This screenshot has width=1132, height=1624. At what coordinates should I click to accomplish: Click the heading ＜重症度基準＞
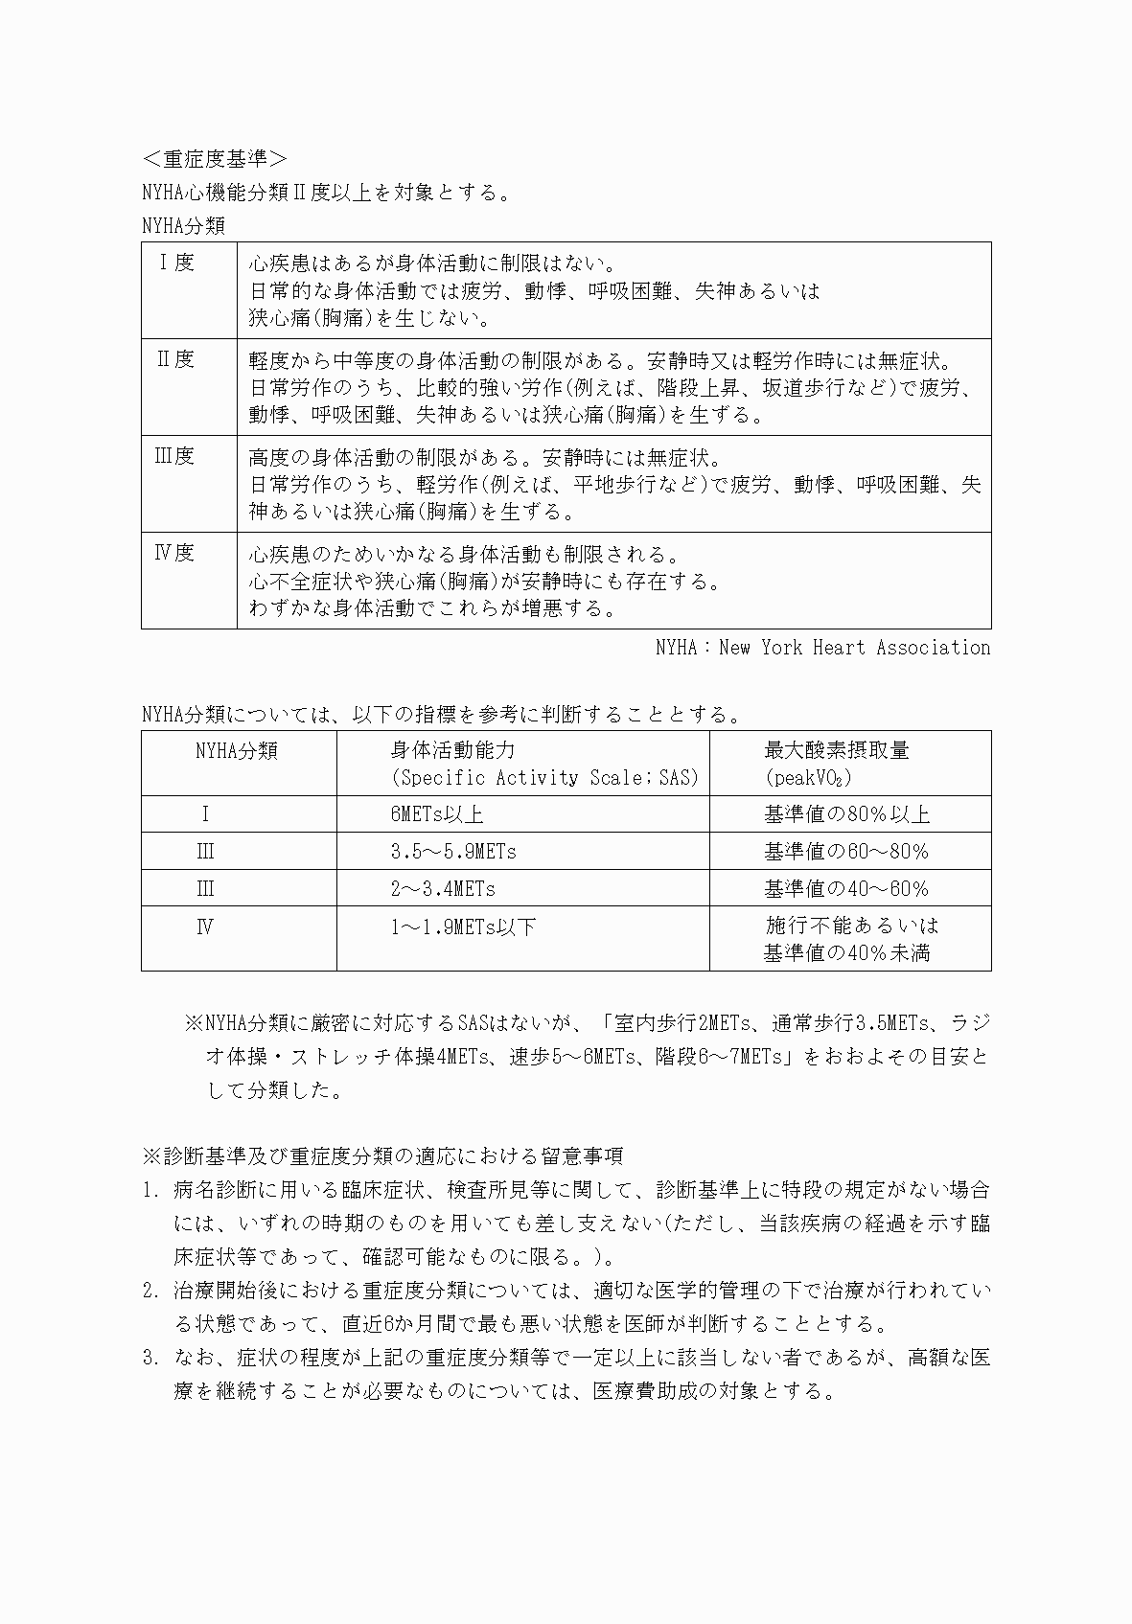coord(214,158)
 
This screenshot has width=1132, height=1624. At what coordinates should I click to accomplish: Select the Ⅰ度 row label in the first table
coord(176,263)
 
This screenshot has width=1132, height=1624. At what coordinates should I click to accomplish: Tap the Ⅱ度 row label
coord(176,359)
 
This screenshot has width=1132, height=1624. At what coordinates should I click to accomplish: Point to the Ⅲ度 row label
coord(174,456)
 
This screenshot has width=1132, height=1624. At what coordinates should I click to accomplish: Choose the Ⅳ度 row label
coord(174,553)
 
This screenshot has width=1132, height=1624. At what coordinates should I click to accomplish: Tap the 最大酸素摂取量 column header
coord(836,750)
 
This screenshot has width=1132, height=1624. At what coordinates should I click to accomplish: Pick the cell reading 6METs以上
coord(436,814)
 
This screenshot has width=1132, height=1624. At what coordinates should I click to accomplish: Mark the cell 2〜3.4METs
coord(443,889)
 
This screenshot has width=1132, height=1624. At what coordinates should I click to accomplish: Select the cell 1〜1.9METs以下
coord(463,926)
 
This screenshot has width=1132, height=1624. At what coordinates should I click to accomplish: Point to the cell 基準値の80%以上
coord(846,814)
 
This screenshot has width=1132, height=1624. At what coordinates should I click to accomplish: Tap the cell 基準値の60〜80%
coord(846,852)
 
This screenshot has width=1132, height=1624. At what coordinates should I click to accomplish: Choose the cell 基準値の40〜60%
coord(846,889)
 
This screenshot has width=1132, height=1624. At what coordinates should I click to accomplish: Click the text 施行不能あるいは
coord(851,926)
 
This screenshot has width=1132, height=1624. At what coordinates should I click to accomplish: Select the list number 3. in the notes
coord(150,1358)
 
